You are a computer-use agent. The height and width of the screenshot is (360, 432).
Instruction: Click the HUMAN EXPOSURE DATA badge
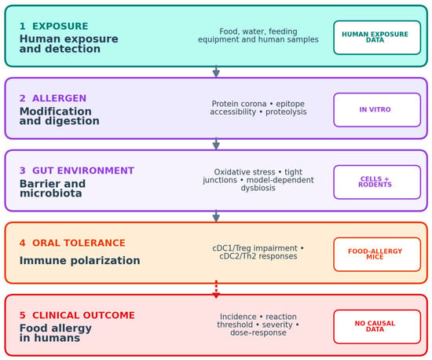377,38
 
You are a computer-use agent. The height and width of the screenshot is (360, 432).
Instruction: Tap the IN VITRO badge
377,110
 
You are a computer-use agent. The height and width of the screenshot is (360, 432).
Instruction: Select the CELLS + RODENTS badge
377,182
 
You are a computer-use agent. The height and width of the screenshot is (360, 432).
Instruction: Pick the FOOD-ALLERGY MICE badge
377,254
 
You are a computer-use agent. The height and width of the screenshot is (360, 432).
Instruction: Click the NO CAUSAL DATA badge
377,327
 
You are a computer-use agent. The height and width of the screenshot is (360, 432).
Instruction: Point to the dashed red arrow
216,289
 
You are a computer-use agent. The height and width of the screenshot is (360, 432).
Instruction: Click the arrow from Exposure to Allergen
216,72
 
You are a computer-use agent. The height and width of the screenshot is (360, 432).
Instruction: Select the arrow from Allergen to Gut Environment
216,144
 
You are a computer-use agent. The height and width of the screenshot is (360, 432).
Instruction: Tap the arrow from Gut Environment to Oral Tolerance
216,216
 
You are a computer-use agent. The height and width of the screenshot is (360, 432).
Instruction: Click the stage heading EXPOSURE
60,26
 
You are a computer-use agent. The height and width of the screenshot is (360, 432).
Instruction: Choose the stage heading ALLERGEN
59,98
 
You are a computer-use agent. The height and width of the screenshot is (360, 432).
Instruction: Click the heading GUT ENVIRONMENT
83,171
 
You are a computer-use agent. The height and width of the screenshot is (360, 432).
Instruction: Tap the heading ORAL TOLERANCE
79,243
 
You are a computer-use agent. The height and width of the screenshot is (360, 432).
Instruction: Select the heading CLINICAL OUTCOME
83,315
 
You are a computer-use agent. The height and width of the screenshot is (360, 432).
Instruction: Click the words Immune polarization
79,260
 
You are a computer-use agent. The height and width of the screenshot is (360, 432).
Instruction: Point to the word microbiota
51,193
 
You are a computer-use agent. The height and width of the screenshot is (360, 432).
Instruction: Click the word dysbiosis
258,188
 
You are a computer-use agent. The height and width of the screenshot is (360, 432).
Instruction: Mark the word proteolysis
286,112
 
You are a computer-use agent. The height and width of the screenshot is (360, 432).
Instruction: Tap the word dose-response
258,332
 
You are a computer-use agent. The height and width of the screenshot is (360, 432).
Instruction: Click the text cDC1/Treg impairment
254,248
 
